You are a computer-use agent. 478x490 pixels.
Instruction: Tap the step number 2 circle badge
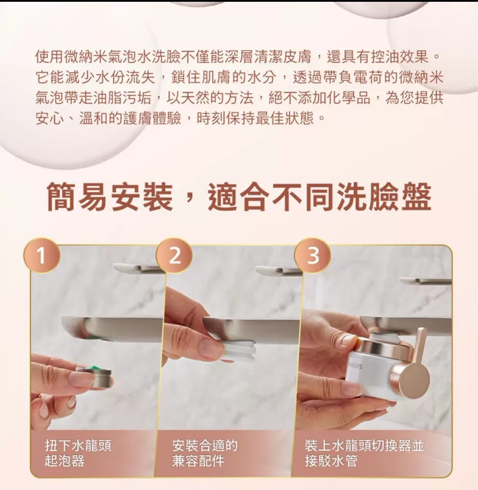174,255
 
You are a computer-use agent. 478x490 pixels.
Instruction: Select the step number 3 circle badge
313,255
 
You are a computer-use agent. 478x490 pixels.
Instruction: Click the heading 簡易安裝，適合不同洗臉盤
239,197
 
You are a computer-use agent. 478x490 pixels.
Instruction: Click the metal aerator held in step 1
95,377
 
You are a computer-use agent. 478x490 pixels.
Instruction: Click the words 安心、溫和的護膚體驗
108,119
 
